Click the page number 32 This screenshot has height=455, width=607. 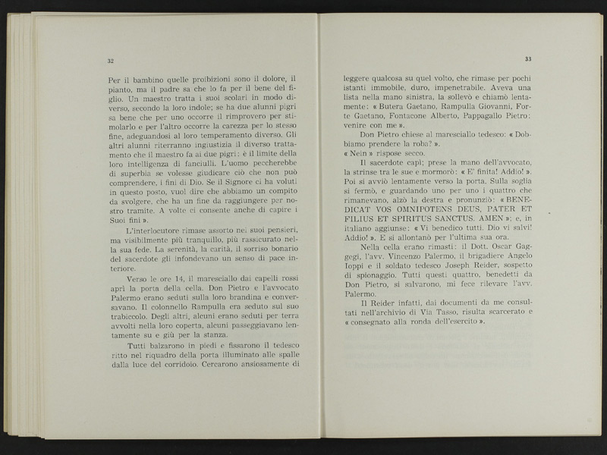111,61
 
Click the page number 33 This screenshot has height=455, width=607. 528,60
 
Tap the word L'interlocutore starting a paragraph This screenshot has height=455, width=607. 152,230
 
